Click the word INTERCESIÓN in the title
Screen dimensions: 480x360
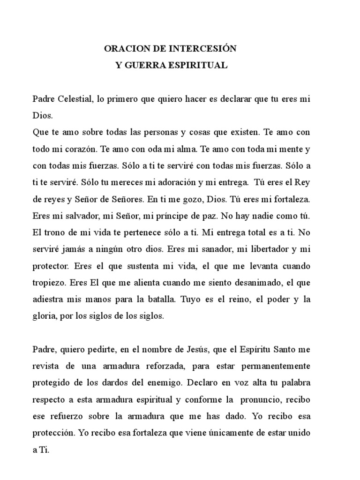[206, 48]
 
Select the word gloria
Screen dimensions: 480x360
[43, 316]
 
